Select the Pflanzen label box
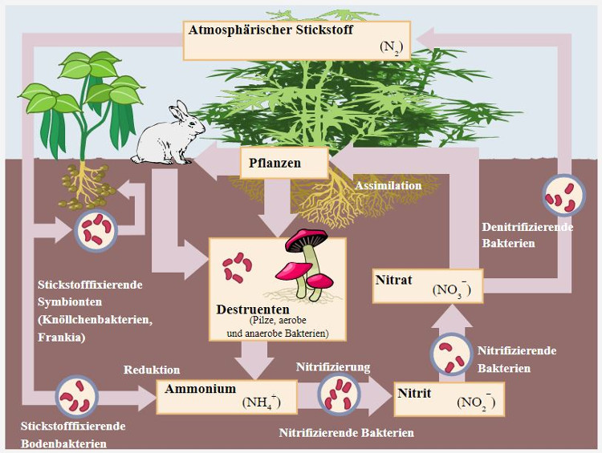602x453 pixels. click(x=284, y=164)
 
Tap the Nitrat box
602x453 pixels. click(x=429, y=286)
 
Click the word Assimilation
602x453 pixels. click(x=388, y=186)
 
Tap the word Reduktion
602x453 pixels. click(x=152, y=370)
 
